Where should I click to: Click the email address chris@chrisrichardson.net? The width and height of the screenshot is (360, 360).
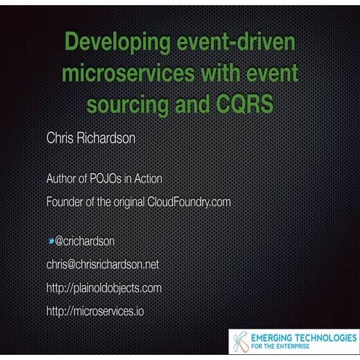(103, 264)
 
